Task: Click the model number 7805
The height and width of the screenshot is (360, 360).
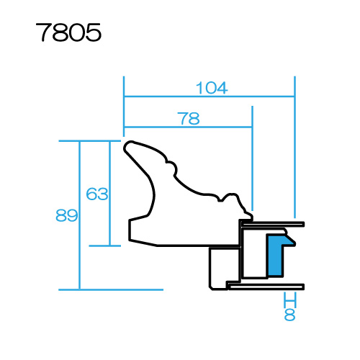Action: [68, 32]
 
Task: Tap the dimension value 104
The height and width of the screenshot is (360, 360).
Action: [212, 88]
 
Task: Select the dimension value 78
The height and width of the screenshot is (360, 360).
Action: [189, 118]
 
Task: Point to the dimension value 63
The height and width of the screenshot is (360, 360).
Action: [97, 194]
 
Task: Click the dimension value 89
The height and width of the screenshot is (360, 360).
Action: [67, 215]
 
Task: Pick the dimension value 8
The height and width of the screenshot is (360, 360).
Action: [289, 315]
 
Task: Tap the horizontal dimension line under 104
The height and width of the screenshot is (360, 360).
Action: [210, 96]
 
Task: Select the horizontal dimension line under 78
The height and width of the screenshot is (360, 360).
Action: [188, 127]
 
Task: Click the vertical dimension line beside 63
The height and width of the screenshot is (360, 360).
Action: [109, 194]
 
